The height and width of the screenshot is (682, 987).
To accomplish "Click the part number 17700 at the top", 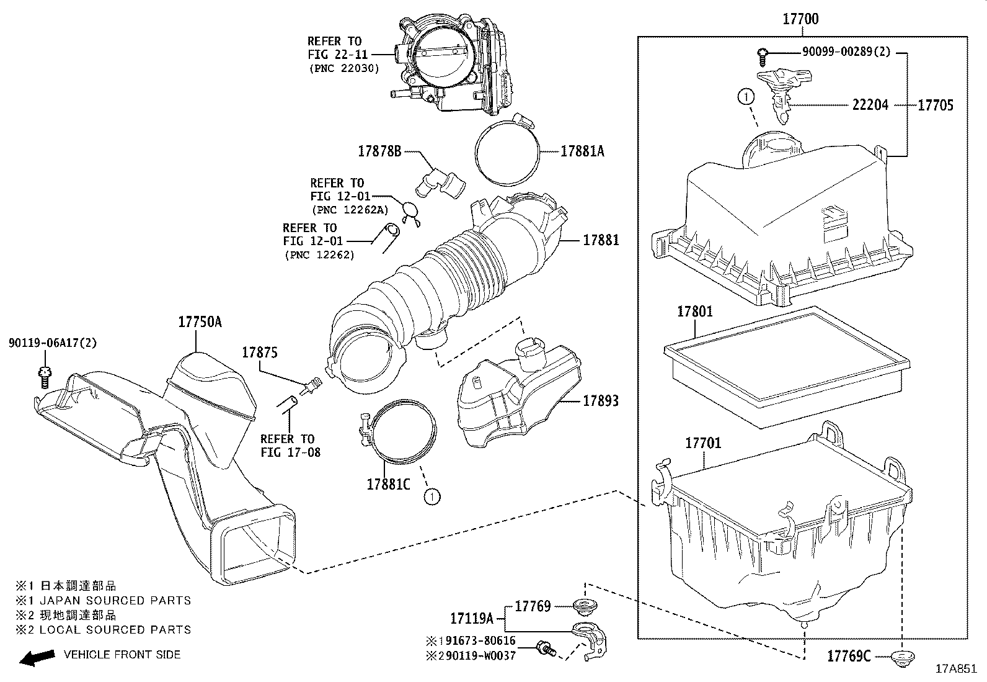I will click(800, 19).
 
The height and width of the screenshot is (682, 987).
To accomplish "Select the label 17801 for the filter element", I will click(694, 312).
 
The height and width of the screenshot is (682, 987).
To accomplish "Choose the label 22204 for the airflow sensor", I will click(870, 105).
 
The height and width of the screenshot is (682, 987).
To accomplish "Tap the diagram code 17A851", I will click(956, 669).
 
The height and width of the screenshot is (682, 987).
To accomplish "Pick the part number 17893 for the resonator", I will click(600, 401).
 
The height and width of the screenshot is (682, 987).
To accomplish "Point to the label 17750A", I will click(200, 321).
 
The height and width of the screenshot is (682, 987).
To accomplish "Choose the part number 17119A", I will click(471, 619).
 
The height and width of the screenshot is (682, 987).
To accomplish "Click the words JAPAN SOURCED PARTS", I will click(115, 601).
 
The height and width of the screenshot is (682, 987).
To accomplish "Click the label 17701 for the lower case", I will click(702, 443).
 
